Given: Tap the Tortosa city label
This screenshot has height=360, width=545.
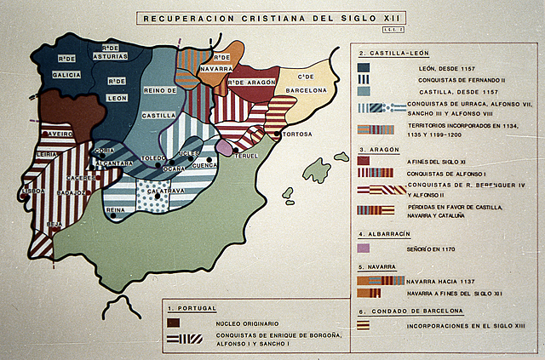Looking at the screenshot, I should coord(296,134).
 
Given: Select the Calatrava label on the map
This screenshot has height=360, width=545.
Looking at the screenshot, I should coord(166,192).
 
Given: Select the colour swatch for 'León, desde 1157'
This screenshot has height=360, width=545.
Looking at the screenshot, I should coord(364,67).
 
